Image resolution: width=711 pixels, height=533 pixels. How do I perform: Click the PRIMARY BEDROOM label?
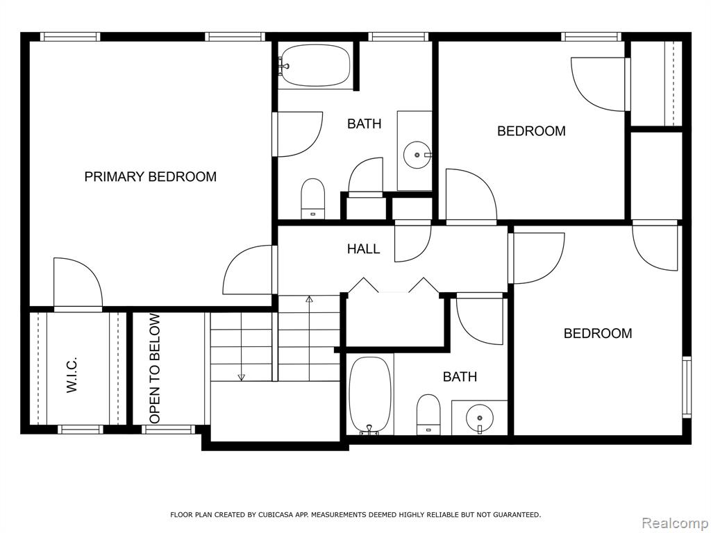coord(151,176)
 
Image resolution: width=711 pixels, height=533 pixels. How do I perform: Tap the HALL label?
coord(364,248)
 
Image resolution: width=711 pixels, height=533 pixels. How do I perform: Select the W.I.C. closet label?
coord(72,374)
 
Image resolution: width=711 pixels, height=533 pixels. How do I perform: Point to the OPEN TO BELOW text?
coord(155,369)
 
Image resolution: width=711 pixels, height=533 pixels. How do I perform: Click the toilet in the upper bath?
coord(313,198)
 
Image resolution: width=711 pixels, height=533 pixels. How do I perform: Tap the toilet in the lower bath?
coord(428,414)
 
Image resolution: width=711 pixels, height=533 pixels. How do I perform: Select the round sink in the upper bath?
coord(417,155)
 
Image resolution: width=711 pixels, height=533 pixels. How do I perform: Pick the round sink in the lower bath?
coord(480,418)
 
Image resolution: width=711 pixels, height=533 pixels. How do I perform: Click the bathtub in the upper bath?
coord(316,65)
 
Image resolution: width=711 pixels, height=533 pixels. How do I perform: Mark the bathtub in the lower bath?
coord(371,395)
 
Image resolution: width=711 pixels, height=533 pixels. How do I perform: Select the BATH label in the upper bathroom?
coord(364,124)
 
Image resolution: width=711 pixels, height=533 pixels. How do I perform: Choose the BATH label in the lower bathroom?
coord(460,377)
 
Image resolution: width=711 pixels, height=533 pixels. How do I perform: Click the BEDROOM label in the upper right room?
coord(531,131)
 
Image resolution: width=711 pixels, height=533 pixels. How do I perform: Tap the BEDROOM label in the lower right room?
coord(598,333)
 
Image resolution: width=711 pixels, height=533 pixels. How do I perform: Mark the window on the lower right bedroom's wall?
coord(687,387)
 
